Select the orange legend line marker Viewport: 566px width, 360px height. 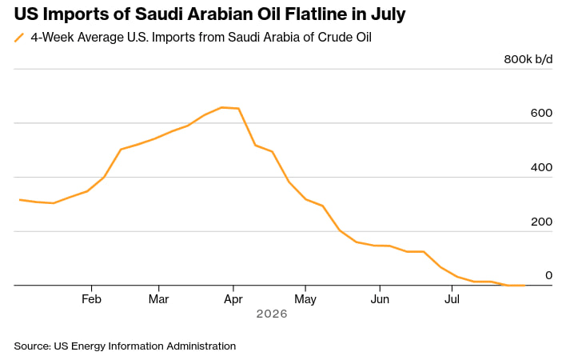[19, 38]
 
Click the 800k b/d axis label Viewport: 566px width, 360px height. [528, 59]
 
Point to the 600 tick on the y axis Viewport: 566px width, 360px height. [541, 113]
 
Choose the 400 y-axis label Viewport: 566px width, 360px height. [541, 167]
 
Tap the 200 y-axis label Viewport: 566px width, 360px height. [541, 222]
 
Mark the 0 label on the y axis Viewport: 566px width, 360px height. [548, 275]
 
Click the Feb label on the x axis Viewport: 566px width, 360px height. [91, 299]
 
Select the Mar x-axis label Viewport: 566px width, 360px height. [159, 299]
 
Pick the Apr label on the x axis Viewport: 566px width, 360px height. [233, 300]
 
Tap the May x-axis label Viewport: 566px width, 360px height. [305, 300]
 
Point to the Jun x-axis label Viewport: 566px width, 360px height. [380, 299]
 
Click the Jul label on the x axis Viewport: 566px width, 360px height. [452, 299]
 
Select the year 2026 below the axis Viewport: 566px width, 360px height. [272, 314]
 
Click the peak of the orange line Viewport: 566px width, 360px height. [222, 107]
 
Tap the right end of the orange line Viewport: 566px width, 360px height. [524, 286]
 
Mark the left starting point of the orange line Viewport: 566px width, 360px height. [19, 199]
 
